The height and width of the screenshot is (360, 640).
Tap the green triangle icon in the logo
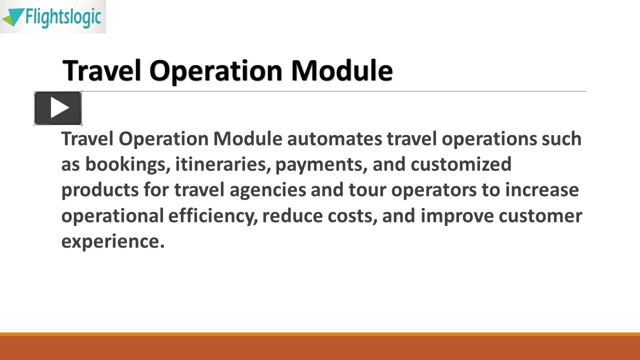[12, 17]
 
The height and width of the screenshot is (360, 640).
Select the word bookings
[127, 164]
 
